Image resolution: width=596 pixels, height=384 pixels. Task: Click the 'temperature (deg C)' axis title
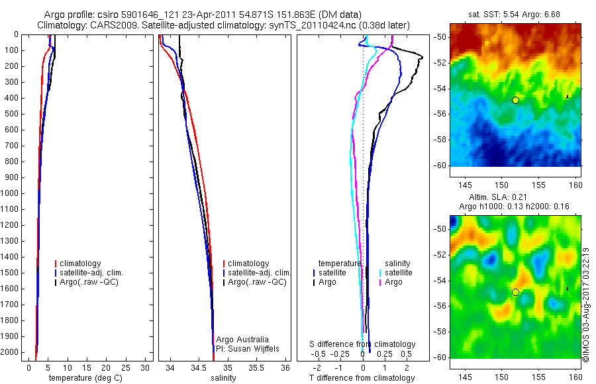coord(80,378)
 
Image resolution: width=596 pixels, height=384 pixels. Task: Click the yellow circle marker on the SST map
coord(515,100)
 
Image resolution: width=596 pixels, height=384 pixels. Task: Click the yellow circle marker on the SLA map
coord(515,292)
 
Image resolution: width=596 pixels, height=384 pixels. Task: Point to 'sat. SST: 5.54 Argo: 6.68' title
coord(515,15)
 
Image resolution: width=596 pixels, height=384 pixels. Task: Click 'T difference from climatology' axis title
coord(362,378)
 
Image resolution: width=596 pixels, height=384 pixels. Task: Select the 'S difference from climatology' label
coord(363,344)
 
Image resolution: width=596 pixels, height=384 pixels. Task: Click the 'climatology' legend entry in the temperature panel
coord(81,264)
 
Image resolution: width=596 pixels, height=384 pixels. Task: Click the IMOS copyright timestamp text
coord(586,305)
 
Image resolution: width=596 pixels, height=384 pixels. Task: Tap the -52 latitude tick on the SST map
coord(440,62)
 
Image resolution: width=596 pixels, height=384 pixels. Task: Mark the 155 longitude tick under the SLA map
coord(538,375)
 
